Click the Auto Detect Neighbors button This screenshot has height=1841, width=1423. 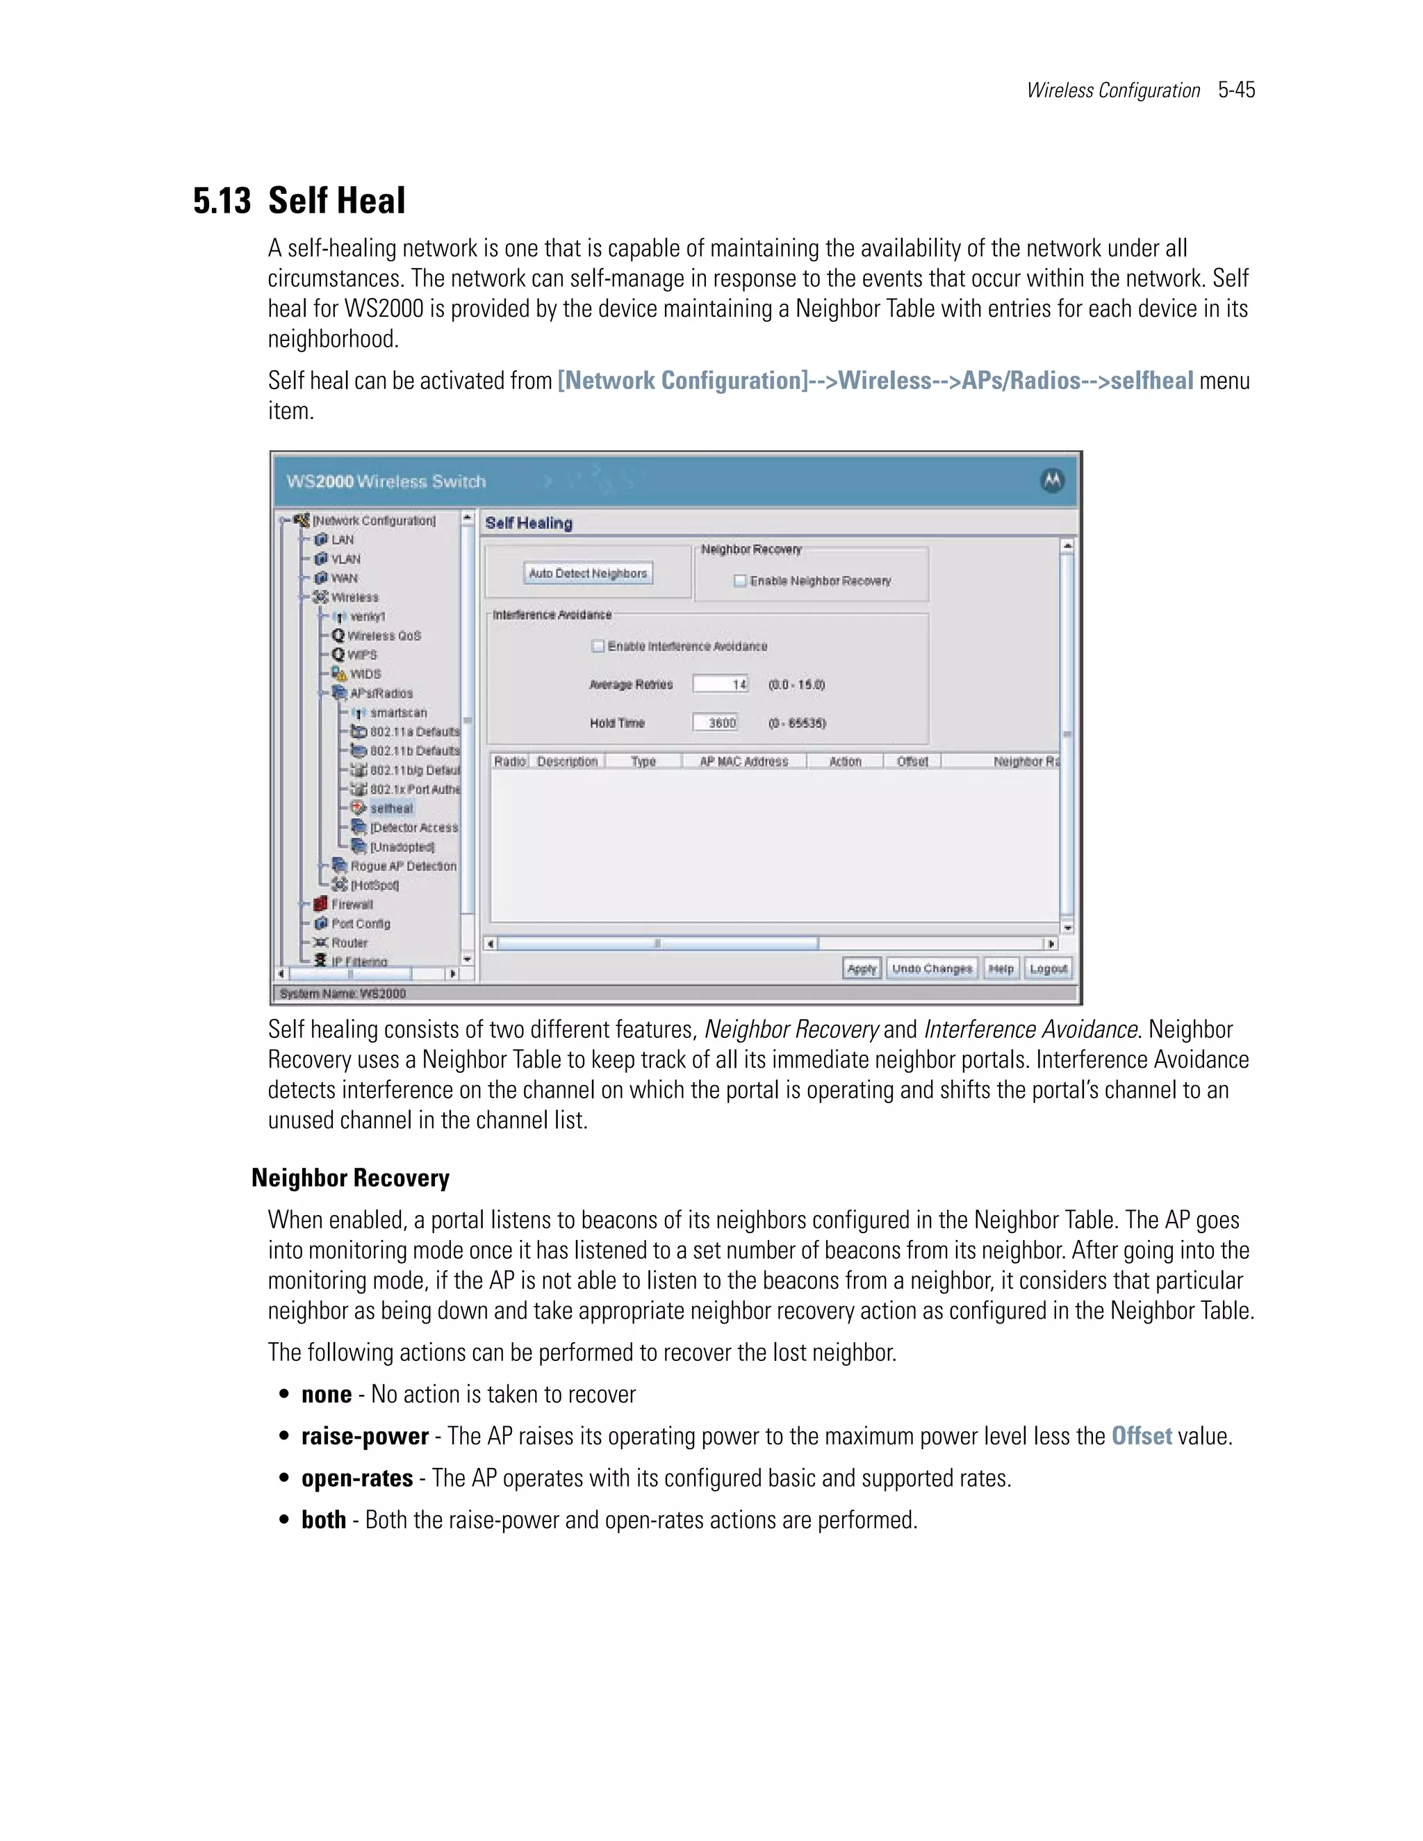click(588, 573)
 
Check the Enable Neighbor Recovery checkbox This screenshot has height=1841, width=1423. click(739, 581)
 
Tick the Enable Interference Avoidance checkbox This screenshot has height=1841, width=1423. click(598, 647)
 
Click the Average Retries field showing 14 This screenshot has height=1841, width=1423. click(721, 684)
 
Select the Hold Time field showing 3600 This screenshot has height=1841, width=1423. click(716, 723)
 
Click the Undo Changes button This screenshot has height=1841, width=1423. click(932, 968)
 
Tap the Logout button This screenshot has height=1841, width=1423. click(1048, 968)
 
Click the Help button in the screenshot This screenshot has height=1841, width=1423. click(1001, 968)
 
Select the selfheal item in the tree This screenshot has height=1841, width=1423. click(391, 809)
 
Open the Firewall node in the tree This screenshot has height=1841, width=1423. click(351, 905)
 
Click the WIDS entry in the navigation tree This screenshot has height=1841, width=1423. click(365, 675)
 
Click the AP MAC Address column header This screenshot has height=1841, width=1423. click(743, 761)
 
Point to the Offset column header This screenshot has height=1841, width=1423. click(912, 761)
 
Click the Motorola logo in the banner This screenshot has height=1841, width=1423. click(1052, 481)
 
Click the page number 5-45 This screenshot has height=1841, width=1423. click(1236, 90)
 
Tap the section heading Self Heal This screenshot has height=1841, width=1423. click(336, 201)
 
